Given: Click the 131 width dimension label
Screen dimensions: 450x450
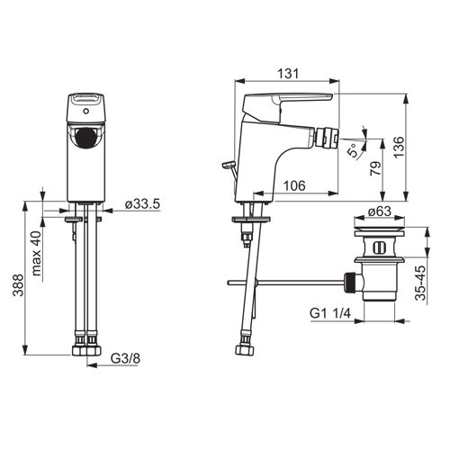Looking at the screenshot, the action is (x=288, y=74).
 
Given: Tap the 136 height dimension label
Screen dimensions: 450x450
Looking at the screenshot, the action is (x=399, y=147).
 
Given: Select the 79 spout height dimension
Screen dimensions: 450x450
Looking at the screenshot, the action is (x=375, y=168).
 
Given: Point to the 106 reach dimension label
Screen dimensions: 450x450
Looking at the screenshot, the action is (x=294, y=186).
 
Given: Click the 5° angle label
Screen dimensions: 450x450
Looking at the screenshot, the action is (x=354, y=150).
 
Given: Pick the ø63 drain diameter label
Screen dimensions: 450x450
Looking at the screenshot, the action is (x=380, y=211).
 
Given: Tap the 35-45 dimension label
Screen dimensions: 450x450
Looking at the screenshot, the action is (x=421, y=283).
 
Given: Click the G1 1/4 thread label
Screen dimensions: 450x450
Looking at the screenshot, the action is (x=330, y=313).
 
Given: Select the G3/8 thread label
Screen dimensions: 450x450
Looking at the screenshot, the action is (x=125, y=358).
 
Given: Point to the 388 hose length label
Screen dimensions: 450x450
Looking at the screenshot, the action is (x=19, y=285).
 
